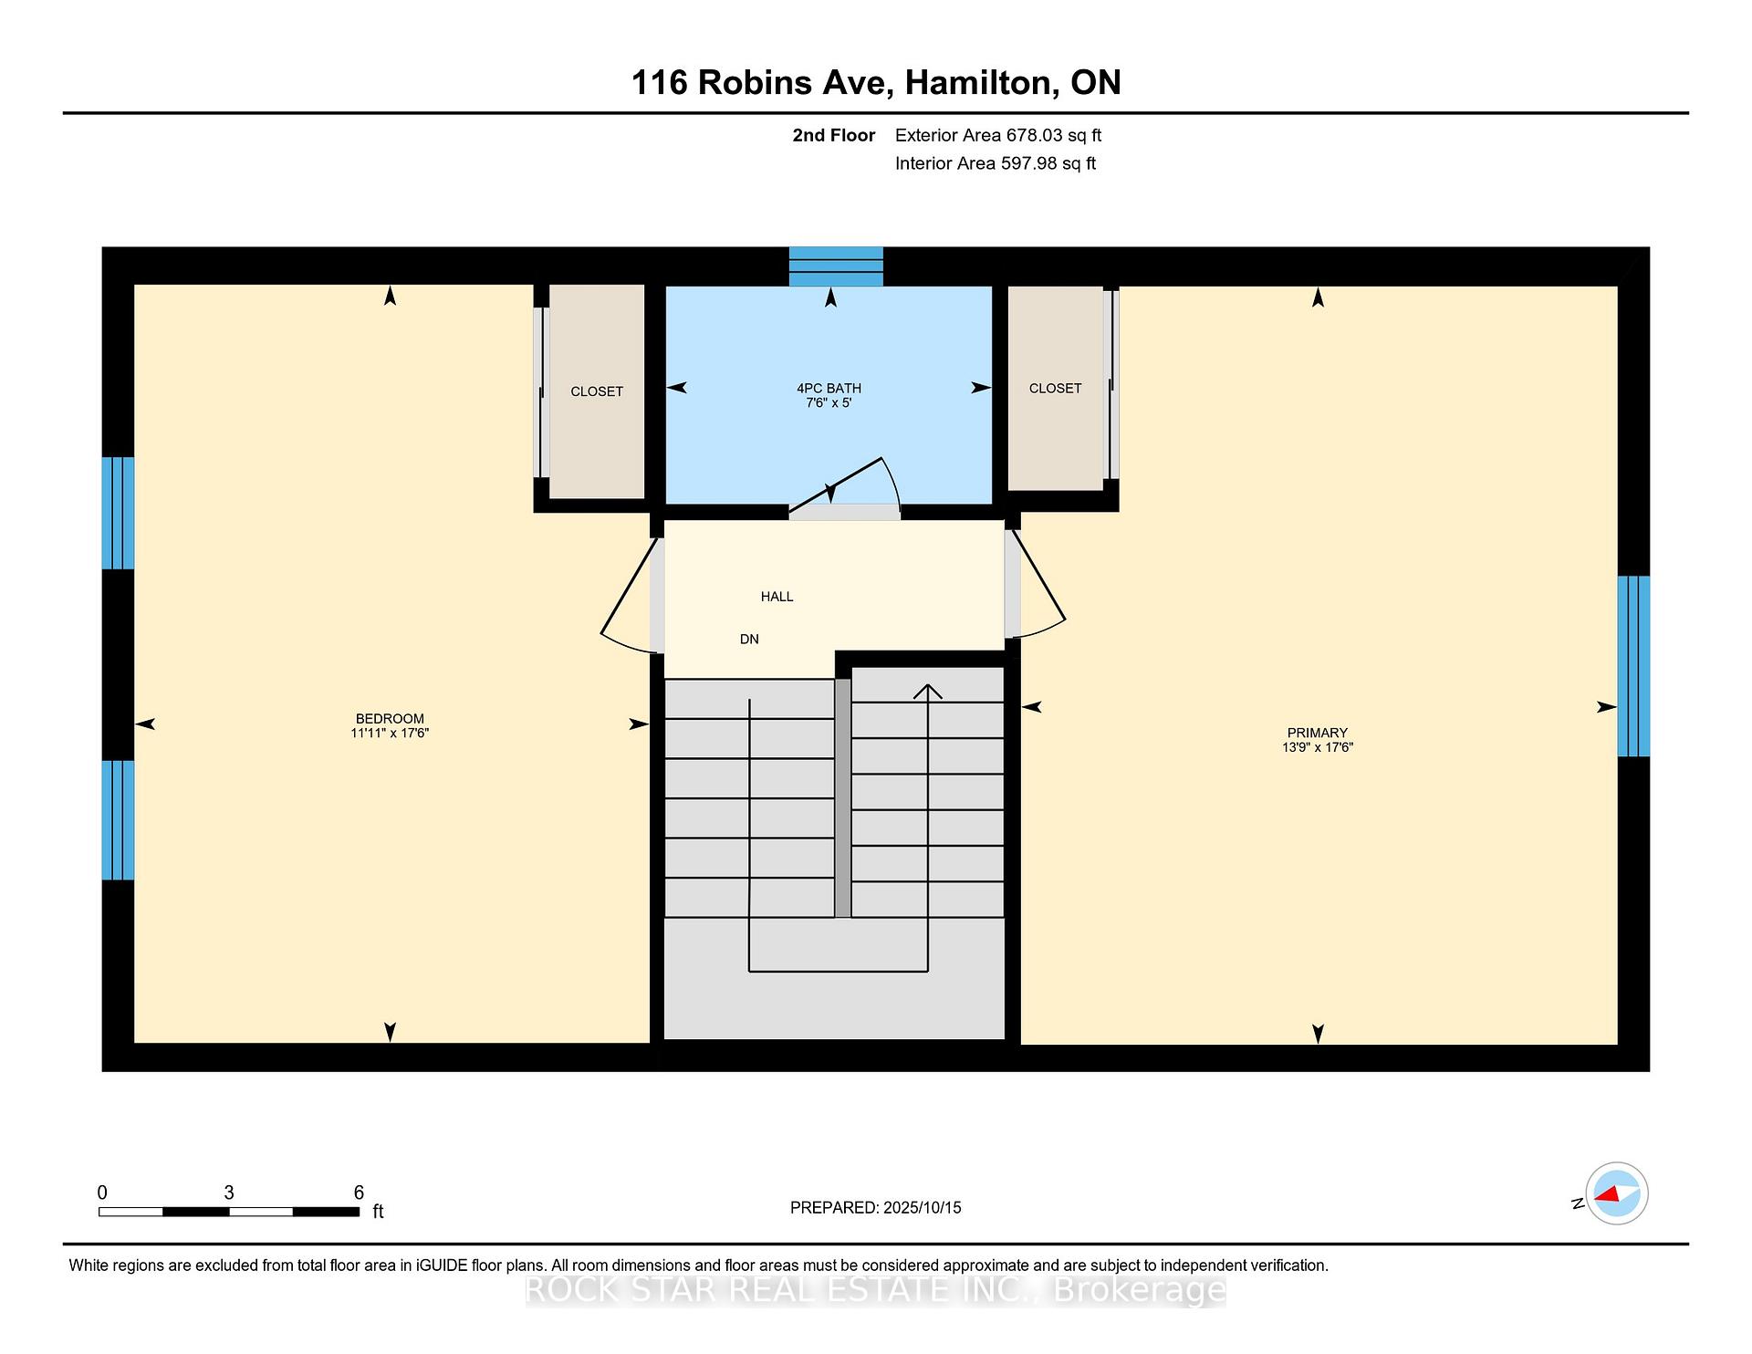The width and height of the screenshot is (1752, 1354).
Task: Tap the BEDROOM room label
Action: coord(390,718)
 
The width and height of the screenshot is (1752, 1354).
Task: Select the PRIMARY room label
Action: coord(1317,733)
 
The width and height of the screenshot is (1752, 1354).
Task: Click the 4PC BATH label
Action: coord(829,388)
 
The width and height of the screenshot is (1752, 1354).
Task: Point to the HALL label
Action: coord(777,597)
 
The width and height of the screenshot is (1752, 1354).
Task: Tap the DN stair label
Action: coord(749,640)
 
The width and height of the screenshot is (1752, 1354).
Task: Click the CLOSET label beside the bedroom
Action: coord(597,391)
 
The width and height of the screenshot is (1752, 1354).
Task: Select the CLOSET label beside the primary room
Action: coord(1055,389)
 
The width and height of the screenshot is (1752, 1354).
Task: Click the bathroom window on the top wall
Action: coord(836,266)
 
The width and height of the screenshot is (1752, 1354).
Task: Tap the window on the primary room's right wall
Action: coord(1633,666)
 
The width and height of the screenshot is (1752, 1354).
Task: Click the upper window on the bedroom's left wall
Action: coord(118,513)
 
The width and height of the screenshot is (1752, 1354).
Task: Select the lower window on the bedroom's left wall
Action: coord(118,820)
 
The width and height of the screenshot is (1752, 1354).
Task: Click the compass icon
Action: coord(1616,1193)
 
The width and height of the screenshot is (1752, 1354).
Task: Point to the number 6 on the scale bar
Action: coord(359,1193)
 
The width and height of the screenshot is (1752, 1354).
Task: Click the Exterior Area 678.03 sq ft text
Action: coord(998,135)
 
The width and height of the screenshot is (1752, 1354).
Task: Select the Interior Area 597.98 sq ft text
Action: coord(996,163)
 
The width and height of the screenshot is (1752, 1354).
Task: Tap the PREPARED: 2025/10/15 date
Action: coord(876,1207)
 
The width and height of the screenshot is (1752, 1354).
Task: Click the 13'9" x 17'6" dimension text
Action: coord(1317,747)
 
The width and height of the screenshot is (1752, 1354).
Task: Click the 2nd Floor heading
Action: coord(833,135)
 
